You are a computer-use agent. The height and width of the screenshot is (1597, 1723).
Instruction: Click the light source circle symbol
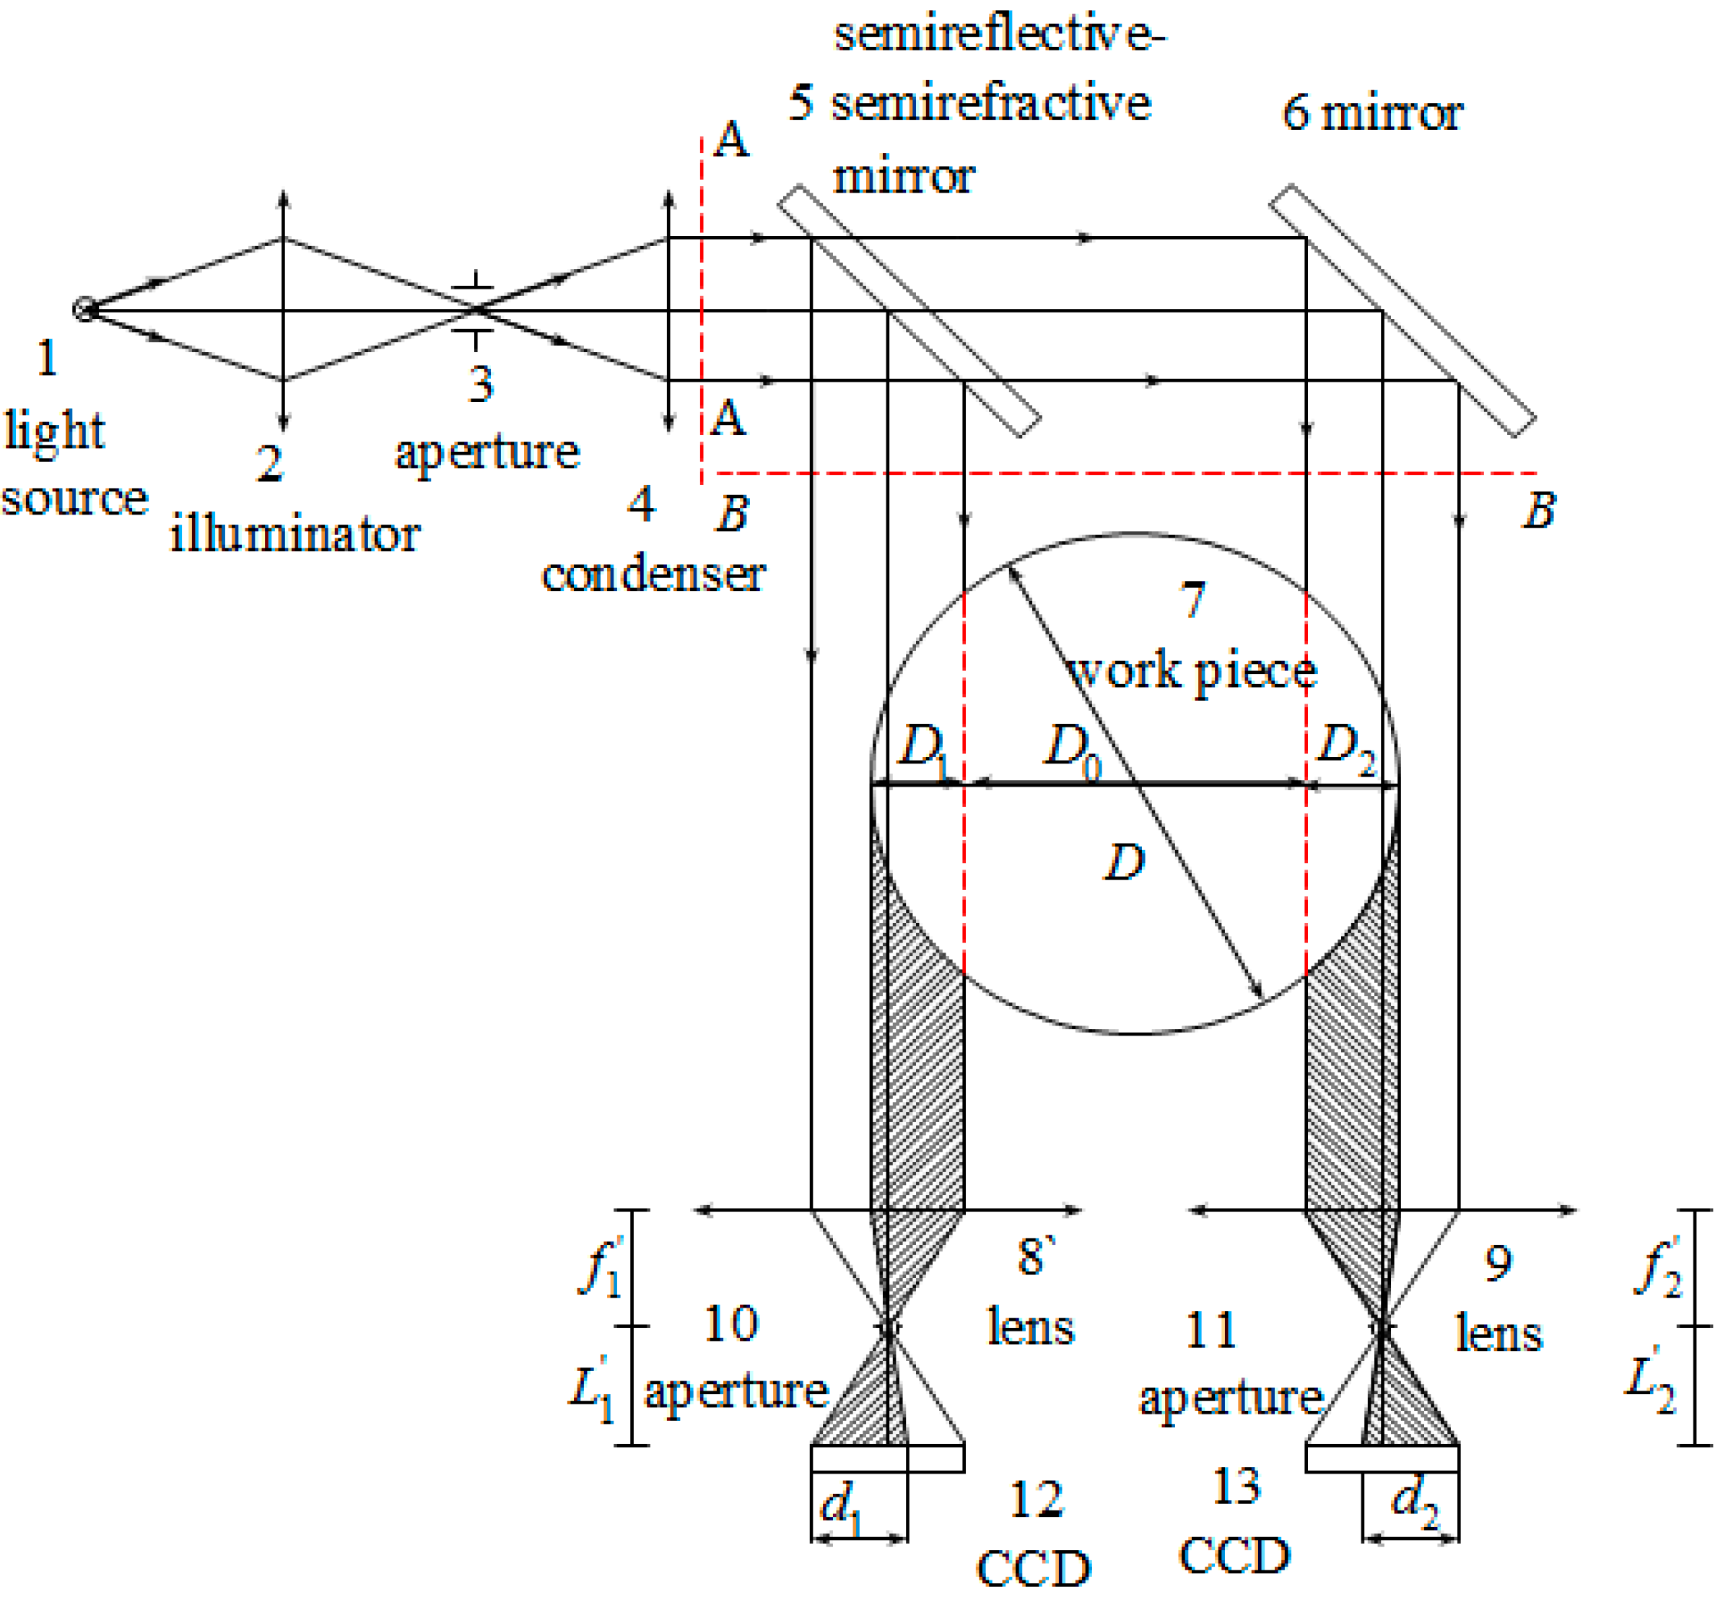click(x=84, y=309)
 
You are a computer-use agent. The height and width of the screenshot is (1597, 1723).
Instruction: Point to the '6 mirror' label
click(x=1371, y=113)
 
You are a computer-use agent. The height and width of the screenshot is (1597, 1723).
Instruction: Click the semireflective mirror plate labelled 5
click(x=908, y=310)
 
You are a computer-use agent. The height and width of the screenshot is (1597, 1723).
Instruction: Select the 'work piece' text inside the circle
click(x=1193, y=671)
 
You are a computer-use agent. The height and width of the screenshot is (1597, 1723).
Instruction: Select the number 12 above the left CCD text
click(x=1036, y=1500)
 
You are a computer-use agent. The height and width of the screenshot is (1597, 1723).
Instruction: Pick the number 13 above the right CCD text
click(x=1236, y=1487)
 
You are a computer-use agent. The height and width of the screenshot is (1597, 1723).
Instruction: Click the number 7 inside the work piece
click(x=1193, y=599)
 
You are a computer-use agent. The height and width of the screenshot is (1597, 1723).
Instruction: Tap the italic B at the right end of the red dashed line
click(x=1539, y=510)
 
